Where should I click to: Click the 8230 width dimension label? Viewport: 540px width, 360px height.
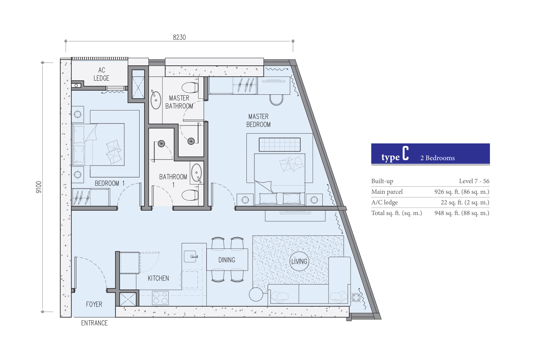tap(179, 37)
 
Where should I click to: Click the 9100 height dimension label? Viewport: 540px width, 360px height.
tap(39, 187)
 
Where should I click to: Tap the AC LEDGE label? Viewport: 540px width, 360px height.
tap(102, 74)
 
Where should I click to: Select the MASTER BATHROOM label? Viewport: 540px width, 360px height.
tap(179, 102)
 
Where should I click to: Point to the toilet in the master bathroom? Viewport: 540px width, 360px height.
tap(190, 88)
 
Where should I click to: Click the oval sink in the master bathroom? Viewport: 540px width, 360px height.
tap(156, 100)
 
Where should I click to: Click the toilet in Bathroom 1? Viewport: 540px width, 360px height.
tap(190, 195)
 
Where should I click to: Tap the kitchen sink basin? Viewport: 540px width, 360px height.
tap(190, 256)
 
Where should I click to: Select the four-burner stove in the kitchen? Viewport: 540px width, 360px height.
tap(160, 298)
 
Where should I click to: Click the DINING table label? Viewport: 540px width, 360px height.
tap(227, 260)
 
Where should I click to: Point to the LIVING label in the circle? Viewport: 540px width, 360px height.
tap(299, 261)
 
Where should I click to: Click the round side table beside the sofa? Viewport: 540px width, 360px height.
tap(256, 294)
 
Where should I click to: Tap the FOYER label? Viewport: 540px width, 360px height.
tap(94, 304)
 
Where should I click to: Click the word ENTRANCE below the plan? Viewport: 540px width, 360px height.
tap(94, 323)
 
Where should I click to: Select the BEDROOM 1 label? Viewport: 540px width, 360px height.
tap(110, 183)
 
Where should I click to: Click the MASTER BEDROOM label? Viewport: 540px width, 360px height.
tap(258, 120)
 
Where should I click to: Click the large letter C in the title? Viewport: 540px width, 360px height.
tap(406, 153)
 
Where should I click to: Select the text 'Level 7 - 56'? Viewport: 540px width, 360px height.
tap(474, 181)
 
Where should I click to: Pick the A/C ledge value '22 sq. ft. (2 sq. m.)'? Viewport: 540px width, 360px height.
tap(465, 202)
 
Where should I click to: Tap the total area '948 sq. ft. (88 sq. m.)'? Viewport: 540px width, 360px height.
tap(462, 213)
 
